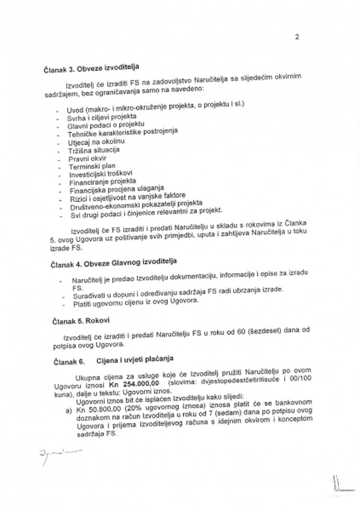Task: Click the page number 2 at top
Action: pos(297,37)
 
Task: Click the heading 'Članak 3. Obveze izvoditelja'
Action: pos(92,68)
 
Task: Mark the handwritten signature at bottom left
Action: pos(61,455)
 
